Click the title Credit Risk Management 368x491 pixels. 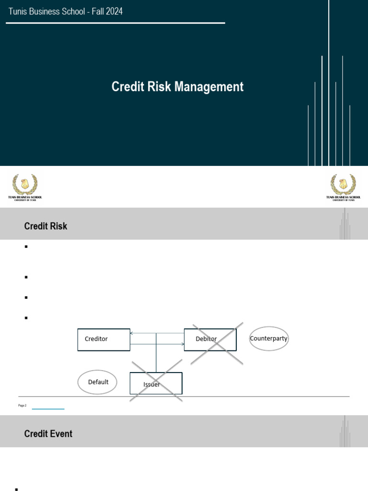(x=177, y=87)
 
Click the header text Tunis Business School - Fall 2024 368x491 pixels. (x=66, y=11)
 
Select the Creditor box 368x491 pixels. (x=103, y=339)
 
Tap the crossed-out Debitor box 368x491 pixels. (x=210, y=339)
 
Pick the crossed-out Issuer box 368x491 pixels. (x=156, y=384)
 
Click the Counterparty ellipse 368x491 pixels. (x=269, y=339)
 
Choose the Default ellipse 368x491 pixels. (x=97, y=382)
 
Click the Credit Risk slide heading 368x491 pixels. (x=46, y=226)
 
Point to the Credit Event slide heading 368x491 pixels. (x=48, y=433)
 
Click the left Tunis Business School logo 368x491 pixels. (x=25, y=187)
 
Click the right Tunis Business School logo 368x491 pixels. (x=343, y=187)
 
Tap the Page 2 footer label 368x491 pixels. (x=23, y=406)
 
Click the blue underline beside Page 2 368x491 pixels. (x=48, y=409)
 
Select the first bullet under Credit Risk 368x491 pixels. (x=26, y=247)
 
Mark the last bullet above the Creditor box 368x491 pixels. (x=26, y=317)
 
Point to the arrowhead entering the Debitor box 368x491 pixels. (x=183, y=344)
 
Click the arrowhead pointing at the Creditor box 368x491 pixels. (x=132, y=333)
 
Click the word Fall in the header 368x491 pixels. (x=97, y=11)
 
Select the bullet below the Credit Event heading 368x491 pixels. (x=17, y=489)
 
